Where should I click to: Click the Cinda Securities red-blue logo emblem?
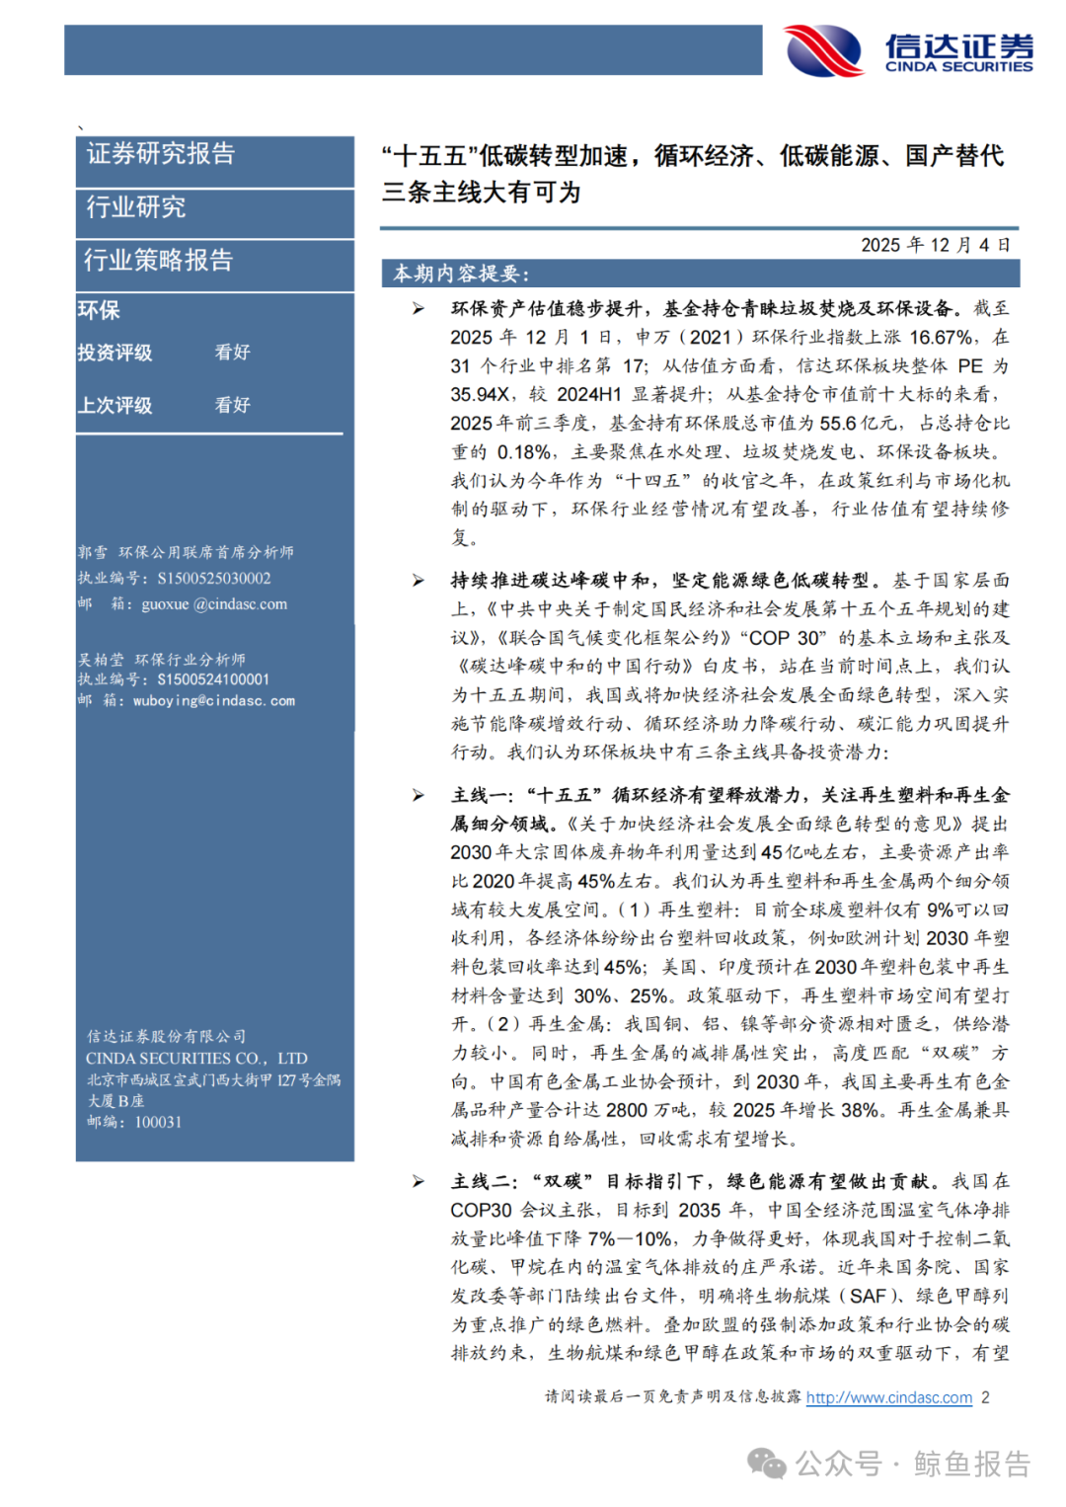824,50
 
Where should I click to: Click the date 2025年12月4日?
935,245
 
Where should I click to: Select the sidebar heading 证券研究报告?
161,154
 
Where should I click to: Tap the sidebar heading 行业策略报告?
158,261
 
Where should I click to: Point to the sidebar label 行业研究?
136,207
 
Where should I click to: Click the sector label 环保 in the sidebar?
99,310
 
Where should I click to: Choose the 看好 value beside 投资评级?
233,353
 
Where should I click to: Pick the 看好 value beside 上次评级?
233,405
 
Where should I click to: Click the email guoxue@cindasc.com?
214,604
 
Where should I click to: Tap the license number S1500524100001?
213,679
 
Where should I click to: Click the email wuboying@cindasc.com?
214,701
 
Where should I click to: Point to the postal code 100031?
158,1122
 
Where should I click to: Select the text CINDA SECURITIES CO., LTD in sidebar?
196,1059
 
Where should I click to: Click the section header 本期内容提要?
461,274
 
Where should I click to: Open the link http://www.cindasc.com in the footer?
888,1397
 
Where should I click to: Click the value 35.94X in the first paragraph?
480,394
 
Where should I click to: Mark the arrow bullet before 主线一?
419,795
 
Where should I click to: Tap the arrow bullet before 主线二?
419,1181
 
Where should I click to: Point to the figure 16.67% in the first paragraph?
941,337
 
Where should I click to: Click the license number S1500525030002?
214,579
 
